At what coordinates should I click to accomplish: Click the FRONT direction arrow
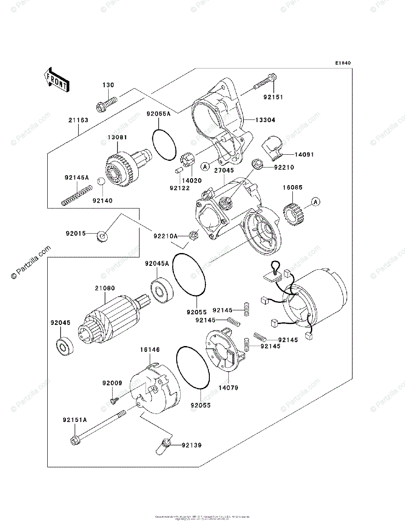coord(56,79)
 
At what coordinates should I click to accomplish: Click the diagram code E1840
coord(343,63)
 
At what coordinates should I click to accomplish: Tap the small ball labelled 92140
coord(101,181)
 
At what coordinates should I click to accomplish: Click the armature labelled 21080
coord(112,317)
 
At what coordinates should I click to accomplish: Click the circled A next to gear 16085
coord(315,202)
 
